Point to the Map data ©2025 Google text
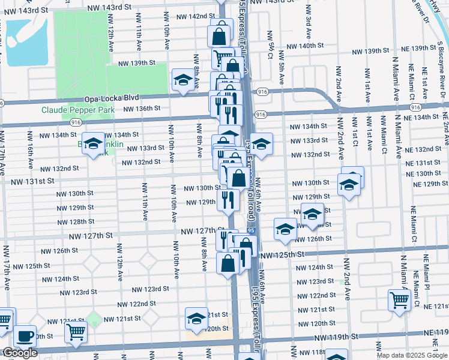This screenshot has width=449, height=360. (412, 355)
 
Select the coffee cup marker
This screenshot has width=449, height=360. (25, 336)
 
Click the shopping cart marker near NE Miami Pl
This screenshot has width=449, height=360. (399, 300)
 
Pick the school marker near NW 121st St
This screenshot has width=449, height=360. (196, 319)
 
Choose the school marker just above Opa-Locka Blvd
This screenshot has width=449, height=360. (182, 80)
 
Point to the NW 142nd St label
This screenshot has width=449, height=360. (193, 16)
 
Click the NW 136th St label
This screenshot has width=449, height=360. (142, 109)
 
